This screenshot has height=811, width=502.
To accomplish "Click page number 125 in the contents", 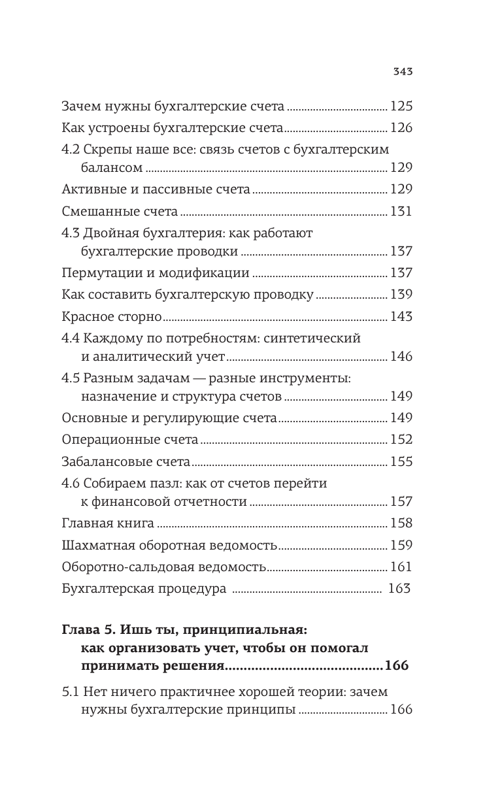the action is click(x=401, y=106).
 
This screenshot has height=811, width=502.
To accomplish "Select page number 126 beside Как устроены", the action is click(x=401, y=127).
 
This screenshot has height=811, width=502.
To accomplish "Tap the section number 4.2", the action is click(x=71, y=148).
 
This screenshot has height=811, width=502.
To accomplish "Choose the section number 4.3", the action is click(x=71, y=233).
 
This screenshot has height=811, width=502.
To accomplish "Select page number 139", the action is click(x=401, y=295).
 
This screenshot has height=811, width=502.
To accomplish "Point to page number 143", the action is click(x=401, y=316).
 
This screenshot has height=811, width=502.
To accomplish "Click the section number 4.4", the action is click(x=71, y=339).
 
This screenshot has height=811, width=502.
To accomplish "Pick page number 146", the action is click(x=401, y=357).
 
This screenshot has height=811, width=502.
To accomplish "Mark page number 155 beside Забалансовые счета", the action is click(x=401, y=461).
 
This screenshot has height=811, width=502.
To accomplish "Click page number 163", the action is click(x=399, y=588).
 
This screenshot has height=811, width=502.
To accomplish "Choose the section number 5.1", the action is click(x=69, y=691).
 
